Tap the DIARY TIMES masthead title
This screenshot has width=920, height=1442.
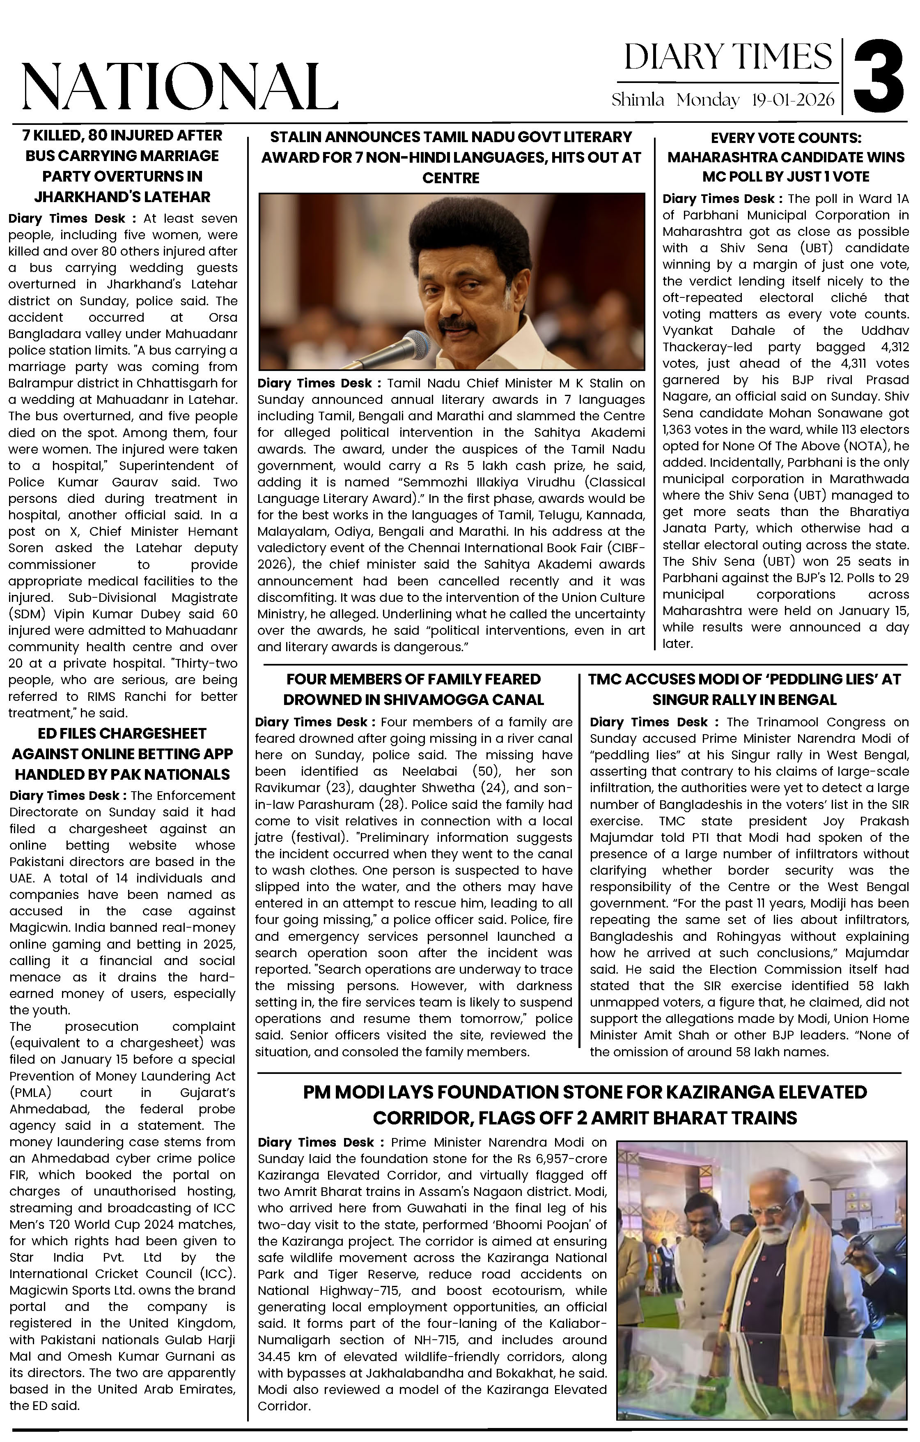pyautogui.click(x=727, y=58)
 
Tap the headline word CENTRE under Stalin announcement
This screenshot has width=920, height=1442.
pyautogui.click(x=451, y=178)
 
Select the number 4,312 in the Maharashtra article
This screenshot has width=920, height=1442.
pyautogui.click(x=891, y=347)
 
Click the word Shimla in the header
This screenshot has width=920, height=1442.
pyautogui.click(x=638, y=100)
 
